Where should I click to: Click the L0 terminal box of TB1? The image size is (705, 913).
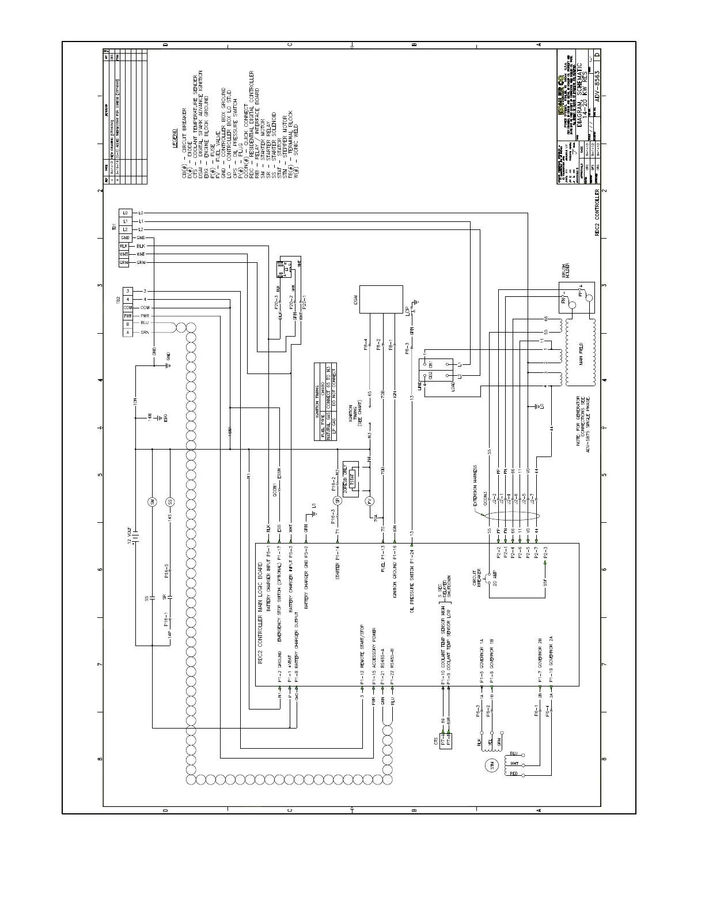[125, 213]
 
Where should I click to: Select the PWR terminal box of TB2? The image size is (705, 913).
[128, 316]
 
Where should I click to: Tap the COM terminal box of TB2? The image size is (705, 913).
[128, 308]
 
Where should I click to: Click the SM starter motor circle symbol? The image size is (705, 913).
[153, 501]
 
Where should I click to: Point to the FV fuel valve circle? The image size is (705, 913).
[370, 501]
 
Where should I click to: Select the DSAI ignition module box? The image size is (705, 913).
[381, 300]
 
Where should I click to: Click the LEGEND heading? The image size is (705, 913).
[175, 138]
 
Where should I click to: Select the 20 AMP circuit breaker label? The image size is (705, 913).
[494, 574]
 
